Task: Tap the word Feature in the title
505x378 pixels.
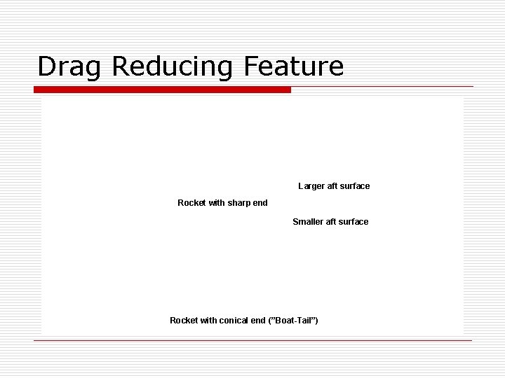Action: pyautogui.click(x=295, y=66)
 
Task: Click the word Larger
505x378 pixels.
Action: pyautogui.click(x=311, y=186)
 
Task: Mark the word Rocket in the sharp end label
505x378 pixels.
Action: pyautogui.click(x=191, y=203)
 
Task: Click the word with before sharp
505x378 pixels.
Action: pyautogui.click(x=217, y=203)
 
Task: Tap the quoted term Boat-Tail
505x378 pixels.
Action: pyautogui.click(x=292, y=320)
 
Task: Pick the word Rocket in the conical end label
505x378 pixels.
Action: pyautogui.click(x=184, y=320)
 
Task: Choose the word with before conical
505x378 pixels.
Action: pyautogui.click(x=208, y=320)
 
